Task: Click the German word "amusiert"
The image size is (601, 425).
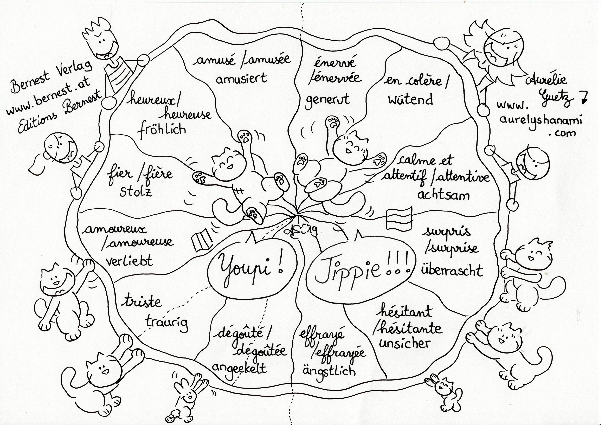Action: [x=241, y=78]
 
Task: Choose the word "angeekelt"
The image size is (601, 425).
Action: [x=239, y=368]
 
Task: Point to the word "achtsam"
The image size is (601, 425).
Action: [x=443, y=195]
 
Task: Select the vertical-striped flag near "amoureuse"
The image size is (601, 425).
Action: [x=202, y=239]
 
